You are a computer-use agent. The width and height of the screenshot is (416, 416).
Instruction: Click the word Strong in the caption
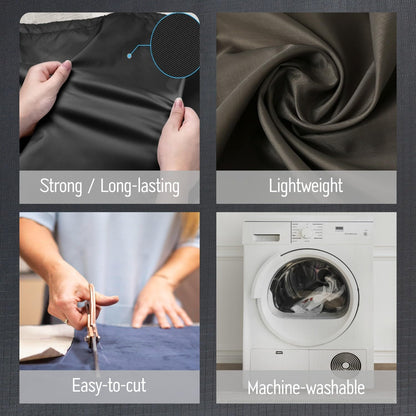[61, 186]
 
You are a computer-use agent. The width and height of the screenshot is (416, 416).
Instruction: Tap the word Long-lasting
[140, 186]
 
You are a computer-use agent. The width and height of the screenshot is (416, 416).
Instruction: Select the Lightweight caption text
[306, 186]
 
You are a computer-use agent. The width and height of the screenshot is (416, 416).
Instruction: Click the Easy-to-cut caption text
[109, 385]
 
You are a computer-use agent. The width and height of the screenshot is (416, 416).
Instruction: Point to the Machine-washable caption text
[306, 388]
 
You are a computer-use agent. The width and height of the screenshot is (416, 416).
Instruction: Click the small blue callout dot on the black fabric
[129, 56]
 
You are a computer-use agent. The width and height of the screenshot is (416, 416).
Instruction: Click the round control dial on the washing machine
[306, 233]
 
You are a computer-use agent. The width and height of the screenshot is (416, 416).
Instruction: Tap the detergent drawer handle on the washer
[267, 237]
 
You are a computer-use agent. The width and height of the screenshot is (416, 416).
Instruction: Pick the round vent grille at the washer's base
[346, 364]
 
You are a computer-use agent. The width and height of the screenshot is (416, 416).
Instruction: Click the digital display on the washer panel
[339, 228]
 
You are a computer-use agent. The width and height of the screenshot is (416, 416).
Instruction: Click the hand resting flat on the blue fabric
[160, 302]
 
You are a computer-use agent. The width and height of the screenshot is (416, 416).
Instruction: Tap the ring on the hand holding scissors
[66, 322]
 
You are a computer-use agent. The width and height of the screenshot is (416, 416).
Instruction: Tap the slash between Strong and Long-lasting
[91, 187]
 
